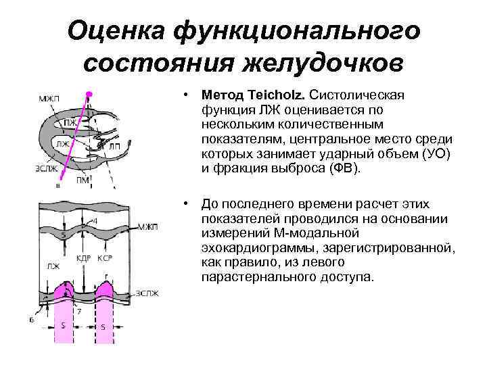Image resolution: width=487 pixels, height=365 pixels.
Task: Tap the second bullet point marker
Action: (x=185, y=204)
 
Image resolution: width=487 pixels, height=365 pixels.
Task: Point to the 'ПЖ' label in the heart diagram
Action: (x=70, y=124)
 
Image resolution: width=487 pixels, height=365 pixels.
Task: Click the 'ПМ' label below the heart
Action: (x=83, y=178)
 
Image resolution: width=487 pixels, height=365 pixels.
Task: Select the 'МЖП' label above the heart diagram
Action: (x=49, y=100)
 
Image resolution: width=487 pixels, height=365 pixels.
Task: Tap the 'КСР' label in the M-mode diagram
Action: (x=104, y=259)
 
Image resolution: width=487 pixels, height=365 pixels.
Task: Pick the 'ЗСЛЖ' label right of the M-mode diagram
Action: (x=149, y=293)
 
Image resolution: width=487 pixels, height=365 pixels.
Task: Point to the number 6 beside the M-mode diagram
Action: (x=31, y=320)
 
